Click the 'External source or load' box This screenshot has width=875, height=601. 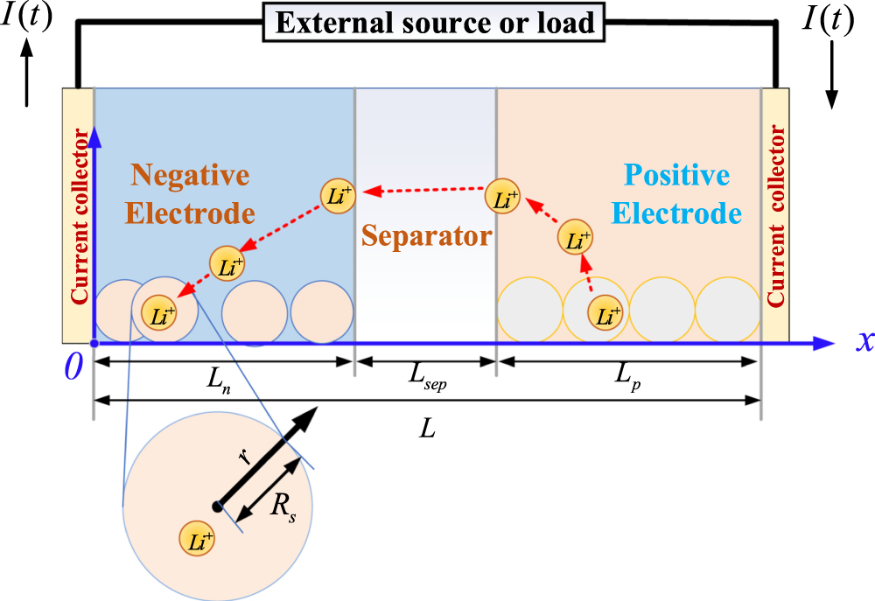(x=435, y=23)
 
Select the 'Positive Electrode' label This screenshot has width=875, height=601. (x=676, y=194)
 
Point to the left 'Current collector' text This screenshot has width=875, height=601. (x=80, y=216)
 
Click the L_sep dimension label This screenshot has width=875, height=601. (x=426, y=378)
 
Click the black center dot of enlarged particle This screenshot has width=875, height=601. (x=217, y=505)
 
